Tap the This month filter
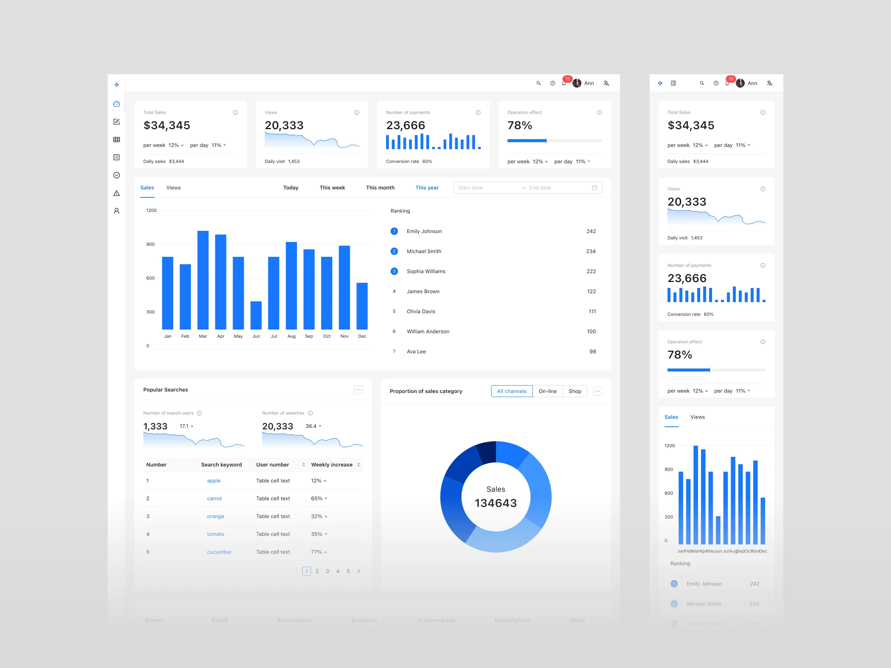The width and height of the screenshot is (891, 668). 380,188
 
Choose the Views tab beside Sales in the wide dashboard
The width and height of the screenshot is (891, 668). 173,188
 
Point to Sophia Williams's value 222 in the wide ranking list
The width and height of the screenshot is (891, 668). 591,271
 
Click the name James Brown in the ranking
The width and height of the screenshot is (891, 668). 423,292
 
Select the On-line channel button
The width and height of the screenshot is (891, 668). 548,391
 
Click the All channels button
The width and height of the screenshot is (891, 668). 512,391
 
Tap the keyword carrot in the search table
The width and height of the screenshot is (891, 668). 214,498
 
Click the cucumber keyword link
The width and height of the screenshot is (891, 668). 219,552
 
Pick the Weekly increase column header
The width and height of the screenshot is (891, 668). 332,465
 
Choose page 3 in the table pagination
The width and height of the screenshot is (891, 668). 327,571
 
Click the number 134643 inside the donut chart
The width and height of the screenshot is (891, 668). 496,503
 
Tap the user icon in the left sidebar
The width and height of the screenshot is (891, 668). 117,211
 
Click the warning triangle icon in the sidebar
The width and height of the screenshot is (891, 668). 117,193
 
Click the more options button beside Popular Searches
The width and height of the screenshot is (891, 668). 359,390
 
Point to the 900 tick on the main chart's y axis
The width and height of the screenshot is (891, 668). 150,245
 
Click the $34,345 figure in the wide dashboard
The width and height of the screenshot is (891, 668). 167,126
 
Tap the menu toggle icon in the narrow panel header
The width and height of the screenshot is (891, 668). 673,83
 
